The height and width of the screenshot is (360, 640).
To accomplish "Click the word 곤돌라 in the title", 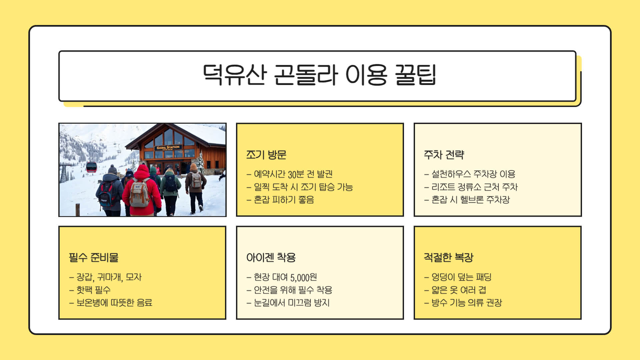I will (x=305, y=75).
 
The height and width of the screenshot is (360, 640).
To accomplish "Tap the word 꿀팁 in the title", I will (x=415, y=75).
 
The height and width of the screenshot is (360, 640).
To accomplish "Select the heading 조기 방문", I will (x=266, y=155).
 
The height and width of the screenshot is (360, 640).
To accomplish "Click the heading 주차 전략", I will (x=444, y=155).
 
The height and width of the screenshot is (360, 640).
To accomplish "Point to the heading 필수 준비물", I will (x=93, y=257).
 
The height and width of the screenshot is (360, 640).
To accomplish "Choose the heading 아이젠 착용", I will (x=271, y=257).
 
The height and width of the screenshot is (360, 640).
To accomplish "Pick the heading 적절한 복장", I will (x=448, y=257).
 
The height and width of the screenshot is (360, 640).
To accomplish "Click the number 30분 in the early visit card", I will (x=296, y=174).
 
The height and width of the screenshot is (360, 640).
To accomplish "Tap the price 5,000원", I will (x=303, y=277).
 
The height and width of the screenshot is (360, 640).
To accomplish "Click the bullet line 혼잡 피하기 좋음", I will (x=284, y=200).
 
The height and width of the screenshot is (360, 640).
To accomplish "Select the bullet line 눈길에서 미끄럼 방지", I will (x=292, y=303).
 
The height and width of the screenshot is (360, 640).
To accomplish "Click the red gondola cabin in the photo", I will (x=91, y=167).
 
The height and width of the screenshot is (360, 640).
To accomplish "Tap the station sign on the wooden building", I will (x=168, y=147).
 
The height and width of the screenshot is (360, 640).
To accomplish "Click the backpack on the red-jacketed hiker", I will (x=139, y=193).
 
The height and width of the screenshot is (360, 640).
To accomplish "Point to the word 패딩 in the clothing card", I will (x=483, y=277).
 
